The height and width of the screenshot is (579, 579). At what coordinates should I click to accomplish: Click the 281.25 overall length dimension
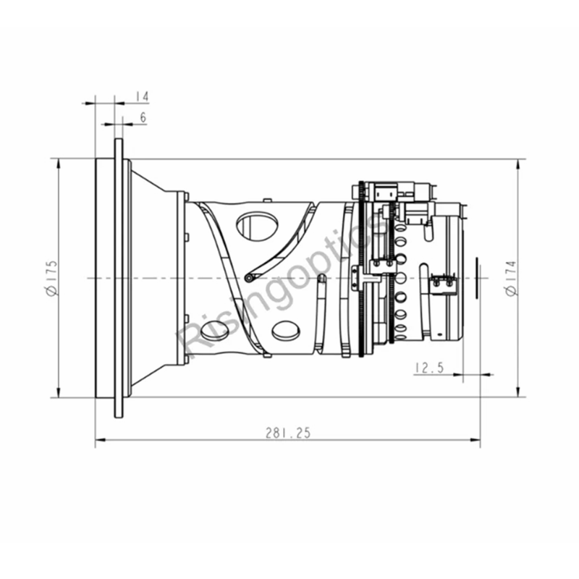click(288, 433)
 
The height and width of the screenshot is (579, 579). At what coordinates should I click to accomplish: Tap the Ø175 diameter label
click(51, 278)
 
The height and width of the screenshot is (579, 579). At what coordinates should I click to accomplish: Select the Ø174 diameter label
click(511, 278)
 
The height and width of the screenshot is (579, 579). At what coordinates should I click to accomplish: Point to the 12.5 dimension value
click(429, 368)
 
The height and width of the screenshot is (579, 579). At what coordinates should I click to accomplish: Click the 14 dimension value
click(142, 97)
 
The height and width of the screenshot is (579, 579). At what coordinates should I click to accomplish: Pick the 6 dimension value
click(143, 117)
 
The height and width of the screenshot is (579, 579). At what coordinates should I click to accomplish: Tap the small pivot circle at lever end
click(249, 278)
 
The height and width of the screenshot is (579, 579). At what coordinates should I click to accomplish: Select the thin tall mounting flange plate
click(119, 278)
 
